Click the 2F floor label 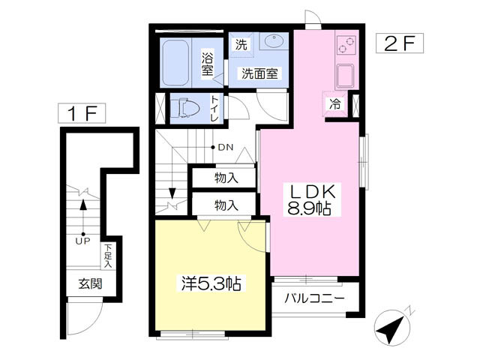pos(400,43)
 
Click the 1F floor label pos(82,113)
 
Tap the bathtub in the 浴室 pos(175,63)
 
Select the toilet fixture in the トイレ pos(185,108)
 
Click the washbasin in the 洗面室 pos(274,41)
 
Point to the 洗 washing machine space pos(241,45)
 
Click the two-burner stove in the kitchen pos(346,45)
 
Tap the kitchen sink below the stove pos(345,76)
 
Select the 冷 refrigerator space pos(334,104)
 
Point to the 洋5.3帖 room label pos(211,283)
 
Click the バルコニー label pos(314,298)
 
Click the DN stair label pos(226,148)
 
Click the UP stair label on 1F pos(83,241)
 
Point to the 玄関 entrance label pos(90,283)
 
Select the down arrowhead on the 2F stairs pos(172,193)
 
